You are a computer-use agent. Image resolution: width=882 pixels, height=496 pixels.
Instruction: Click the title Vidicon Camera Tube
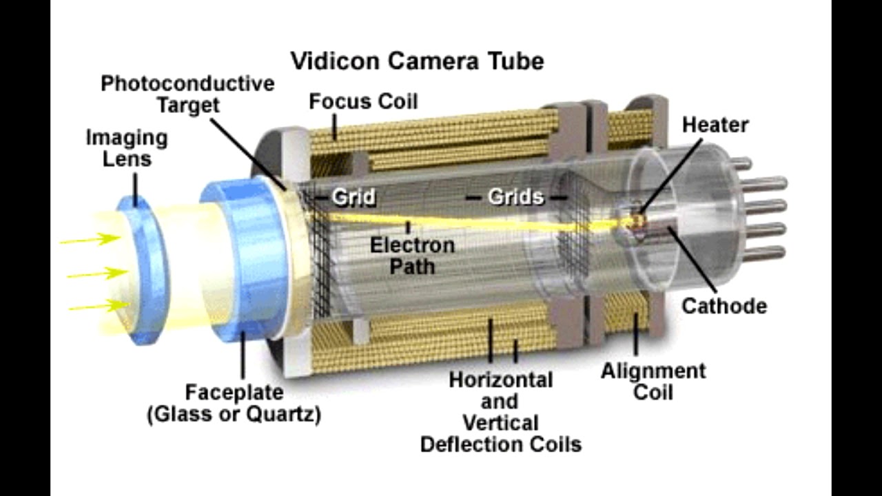417,61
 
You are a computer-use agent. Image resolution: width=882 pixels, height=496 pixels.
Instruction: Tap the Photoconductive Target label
187,94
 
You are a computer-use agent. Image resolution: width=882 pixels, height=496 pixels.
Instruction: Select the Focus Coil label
363,102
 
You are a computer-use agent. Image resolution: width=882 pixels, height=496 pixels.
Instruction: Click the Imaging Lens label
127,148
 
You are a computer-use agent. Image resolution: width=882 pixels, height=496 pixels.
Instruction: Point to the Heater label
715,125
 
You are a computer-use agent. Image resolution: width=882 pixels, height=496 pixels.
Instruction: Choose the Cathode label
724,306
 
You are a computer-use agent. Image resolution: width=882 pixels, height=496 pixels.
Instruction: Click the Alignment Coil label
653,382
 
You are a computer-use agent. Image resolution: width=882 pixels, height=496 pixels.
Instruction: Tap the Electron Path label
412,256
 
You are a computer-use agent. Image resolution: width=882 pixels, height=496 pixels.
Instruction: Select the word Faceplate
234,393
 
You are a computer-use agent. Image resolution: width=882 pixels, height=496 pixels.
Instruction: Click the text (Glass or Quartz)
234,415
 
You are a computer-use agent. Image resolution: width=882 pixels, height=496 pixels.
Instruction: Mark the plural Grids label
516,197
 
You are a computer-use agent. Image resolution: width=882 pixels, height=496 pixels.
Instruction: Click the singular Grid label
353,198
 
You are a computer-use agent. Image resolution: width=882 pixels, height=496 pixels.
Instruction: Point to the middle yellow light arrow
96,273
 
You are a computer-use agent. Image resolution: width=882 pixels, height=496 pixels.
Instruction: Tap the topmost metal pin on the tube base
740,163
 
